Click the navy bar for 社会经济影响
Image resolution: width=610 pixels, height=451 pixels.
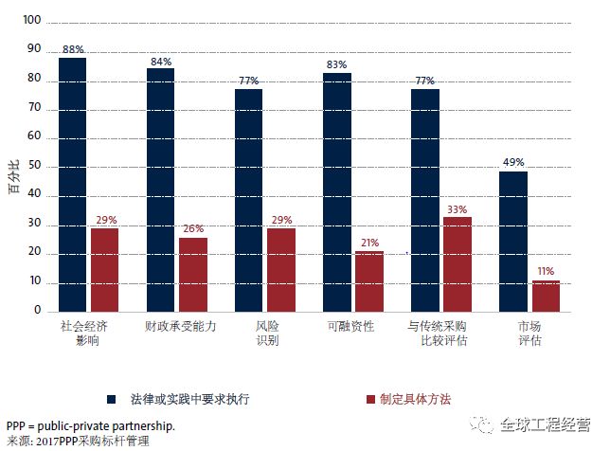point(72,184)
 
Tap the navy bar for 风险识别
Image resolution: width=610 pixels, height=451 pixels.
point(249,200)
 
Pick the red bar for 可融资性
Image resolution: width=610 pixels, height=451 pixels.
point(369,280)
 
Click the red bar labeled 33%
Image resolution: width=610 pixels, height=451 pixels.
point(457,263)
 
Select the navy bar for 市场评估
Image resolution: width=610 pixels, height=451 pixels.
point(514,241)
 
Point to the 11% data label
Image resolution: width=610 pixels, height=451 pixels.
point(547,271)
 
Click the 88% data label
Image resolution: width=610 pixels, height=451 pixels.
point(72,49)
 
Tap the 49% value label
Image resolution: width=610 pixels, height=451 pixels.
point(514,162)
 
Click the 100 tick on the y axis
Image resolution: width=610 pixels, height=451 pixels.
point(33,21)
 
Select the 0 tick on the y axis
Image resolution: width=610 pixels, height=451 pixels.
point(39,311)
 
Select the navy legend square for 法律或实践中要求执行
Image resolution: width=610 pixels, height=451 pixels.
point(111,399)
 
